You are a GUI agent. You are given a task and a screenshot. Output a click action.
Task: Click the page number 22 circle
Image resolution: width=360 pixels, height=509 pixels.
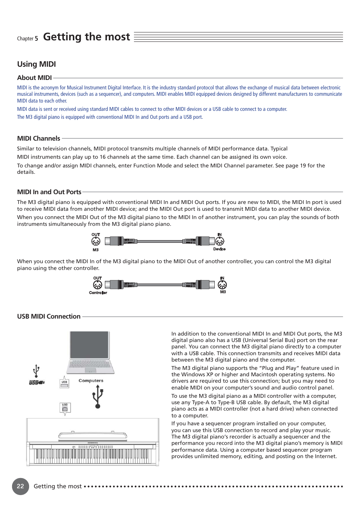tap(20, 486)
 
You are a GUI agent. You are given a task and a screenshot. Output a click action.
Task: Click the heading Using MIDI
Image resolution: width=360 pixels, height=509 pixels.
tap(36, 64)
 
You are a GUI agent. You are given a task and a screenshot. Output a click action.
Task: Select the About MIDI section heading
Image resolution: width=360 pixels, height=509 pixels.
tap(34, 78)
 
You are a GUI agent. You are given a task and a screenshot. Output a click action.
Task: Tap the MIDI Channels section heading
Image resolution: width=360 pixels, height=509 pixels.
tap(38, 138)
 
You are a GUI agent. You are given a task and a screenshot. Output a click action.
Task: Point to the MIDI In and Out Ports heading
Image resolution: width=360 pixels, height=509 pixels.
tap(49, 192)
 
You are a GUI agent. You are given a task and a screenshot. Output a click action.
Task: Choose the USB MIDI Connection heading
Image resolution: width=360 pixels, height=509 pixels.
tap(49, 316)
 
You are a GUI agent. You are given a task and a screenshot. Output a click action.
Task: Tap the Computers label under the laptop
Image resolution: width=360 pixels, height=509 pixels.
tap(91, 381)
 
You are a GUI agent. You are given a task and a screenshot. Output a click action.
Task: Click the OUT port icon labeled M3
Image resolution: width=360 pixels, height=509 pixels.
tap(96, 241)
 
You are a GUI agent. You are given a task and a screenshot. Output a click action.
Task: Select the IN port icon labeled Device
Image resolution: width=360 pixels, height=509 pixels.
tap(220, 241)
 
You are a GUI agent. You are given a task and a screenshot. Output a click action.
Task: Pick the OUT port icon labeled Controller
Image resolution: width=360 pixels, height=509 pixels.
tap(97, 285)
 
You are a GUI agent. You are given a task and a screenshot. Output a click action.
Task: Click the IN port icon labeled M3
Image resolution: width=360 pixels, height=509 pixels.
tap(222, 285)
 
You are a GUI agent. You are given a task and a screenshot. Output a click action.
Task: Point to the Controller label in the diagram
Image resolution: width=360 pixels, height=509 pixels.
tap(98, 293)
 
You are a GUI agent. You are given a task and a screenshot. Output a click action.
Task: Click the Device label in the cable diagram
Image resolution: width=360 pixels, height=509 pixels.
tap(219, 249)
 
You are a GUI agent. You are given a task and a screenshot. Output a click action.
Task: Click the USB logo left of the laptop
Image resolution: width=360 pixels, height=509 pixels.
tap(37, 382)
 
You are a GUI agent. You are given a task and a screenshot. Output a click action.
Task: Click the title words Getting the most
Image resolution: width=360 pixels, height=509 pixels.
tap(86, 37)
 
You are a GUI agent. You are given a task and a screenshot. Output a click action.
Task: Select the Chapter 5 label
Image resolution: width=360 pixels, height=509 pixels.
tap(27, 38)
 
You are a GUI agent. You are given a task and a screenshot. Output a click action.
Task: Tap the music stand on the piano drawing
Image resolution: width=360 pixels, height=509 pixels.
tap(92, 435)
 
